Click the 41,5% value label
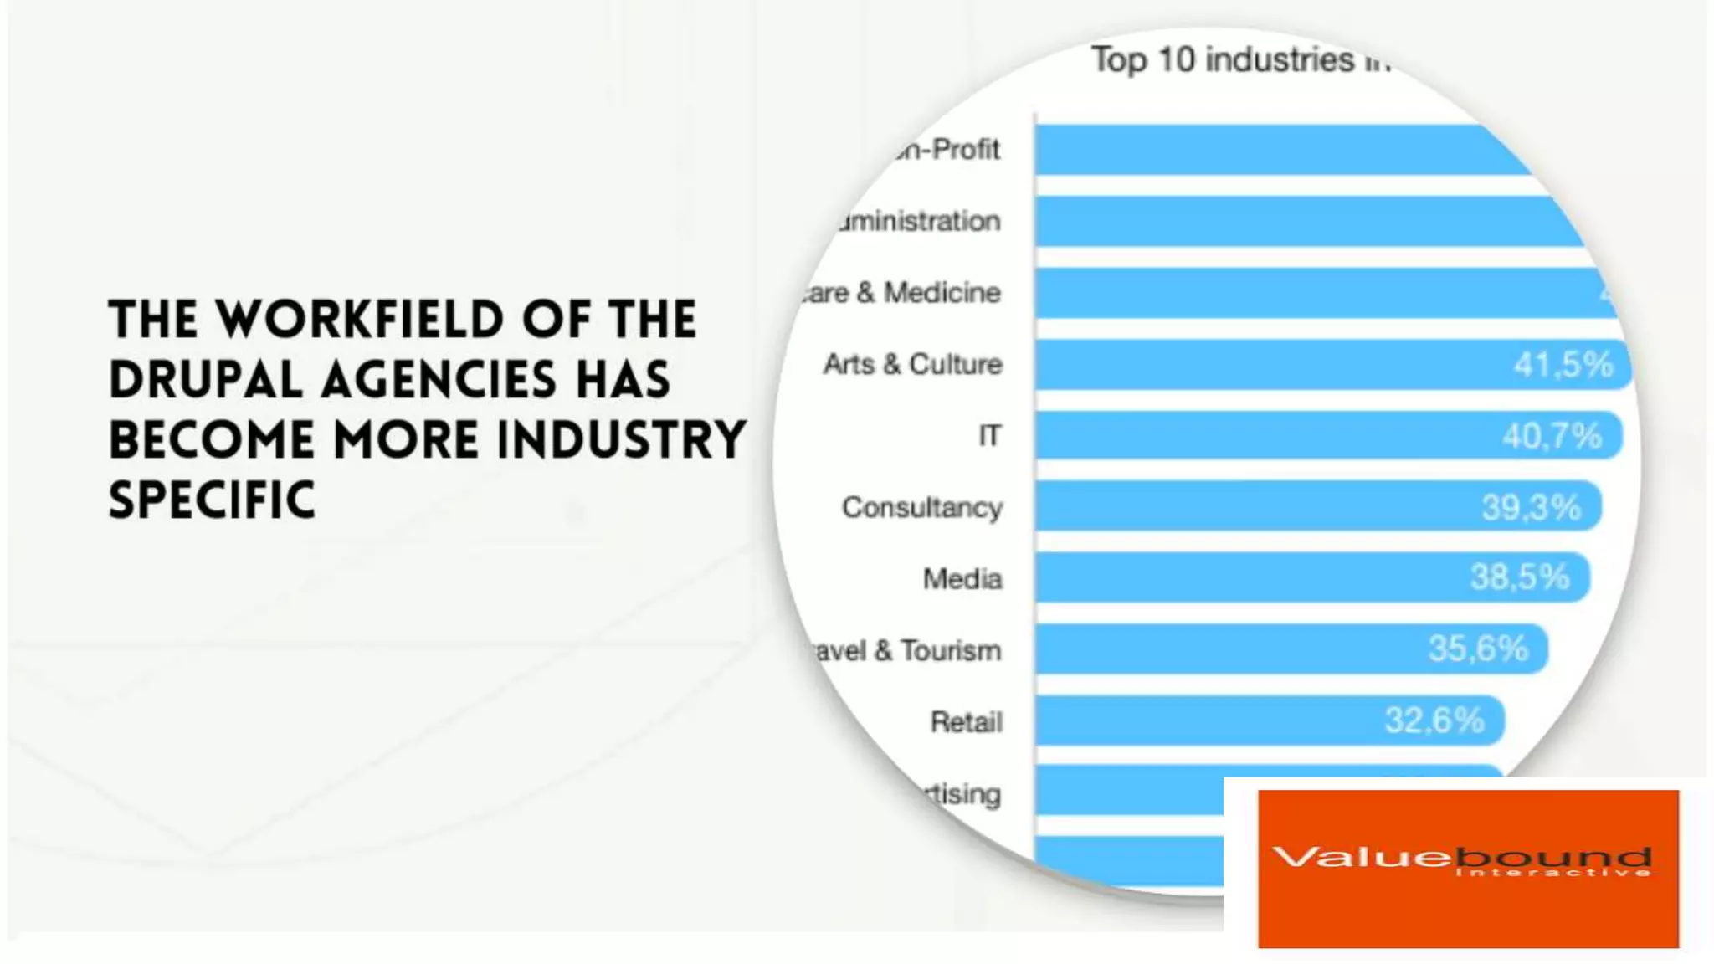tap(1563, 365)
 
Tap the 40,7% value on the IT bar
tap(1551, 436)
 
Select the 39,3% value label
tap(1531, 507)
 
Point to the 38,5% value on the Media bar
tap(1519, 577)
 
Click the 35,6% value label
tap(1477, 649)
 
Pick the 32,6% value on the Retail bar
tap(1434, 720)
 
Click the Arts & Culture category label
tap(912, 365)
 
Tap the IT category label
tap(989, 436)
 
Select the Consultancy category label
tap(921, 508)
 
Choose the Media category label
tap(962, 579)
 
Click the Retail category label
tap(966, 721)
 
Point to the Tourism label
tap(951, 650)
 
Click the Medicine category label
tap(942, 293)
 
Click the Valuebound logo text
tap(1461, 859)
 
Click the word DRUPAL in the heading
tap(206, 380)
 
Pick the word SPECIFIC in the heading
tap(212, 500)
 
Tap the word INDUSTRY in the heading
tap(620, 440)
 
